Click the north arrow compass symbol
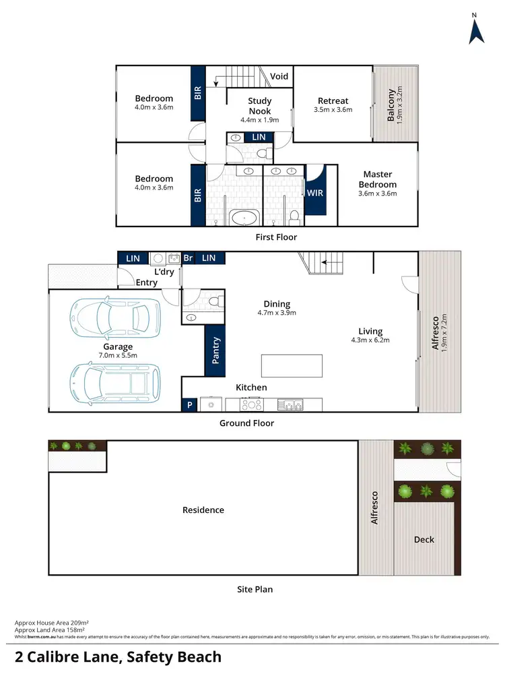coord(476,30)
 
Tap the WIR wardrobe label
coord(314,193)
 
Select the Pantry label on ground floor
coord(216,350)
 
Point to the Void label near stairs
coord(279,76)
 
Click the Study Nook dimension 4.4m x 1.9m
coord(259,120)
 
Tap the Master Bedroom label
coord(377,179)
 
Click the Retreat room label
coord(333,101)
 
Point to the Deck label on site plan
coord(424,539)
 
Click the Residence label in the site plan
coord(203,510)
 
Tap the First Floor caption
coord(276,237)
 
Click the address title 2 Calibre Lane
coord(118,656)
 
